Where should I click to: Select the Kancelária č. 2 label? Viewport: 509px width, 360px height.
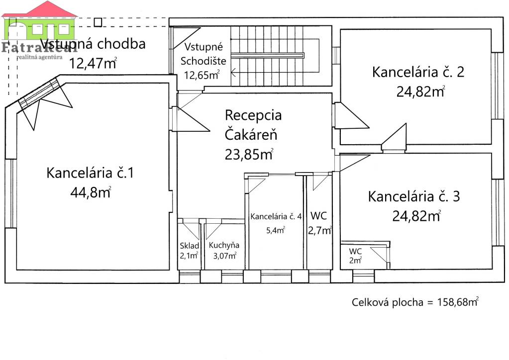tap(418, 72)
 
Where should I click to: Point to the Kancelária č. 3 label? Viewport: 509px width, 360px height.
tap(413, 196)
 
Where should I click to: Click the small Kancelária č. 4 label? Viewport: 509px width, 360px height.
tap(276, 216)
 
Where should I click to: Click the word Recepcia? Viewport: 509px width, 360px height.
tap(253, 115)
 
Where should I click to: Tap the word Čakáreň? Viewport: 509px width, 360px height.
tap(251, 134)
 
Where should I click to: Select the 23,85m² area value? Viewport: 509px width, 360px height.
tap(249, 154)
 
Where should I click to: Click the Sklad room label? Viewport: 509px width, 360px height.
tap(190, 245)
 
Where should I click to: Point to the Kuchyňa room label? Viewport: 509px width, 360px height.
tap(224, 245)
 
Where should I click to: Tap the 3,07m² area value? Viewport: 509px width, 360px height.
tap(224, 256)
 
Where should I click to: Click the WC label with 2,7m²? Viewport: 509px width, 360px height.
tap(318, 216)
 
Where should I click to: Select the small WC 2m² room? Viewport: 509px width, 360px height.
tap(356, 255)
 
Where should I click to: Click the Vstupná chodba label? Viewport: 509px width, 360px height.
tap(93, 44)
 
